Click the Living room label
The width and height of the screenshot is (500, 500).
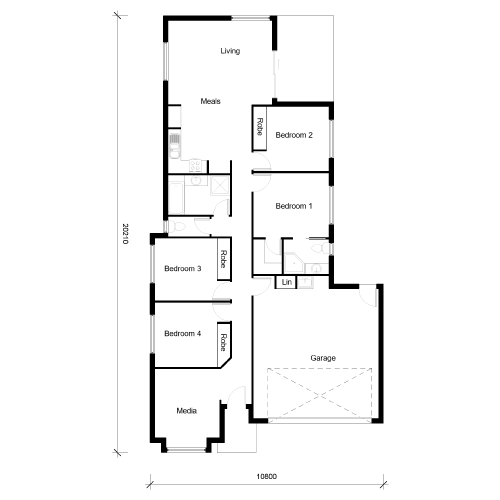(230, 51)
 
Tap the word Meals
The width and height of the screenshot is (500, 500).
(210, 101)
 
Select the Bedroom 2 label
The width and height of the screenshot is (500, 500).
(294, 135)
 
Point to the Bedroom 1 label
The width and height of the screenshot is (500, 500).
(294, 206)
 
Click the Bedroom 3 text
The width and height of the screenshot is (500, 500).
(182, 268)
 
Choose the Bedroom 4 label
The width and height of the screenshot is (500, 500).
(182, 333)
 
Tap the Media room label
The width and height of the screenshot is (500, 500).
(186, 411)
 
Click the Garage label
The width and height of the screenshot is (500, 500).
(323, 358)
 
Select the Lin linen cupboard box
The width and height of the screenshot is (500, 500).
(286, 282)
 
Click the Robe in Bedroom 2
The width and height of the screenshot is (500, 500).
(259, 127)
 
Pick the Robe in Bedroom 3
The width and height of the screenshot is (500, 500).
(223, 259)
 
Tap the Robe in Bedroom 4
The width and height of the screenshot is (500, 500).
(223, 343)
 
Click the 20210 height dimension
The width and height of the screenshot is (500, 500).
(125, 233)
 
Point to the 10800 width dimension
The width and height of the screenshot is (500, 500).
(266, 476)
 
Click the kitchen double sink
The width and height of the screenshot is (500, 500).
(174, 145)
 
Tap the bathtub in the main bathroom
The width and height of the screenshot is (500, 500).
(176, 198)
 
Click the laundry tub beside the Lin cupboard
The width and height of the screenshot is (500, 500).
(305, 282)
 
